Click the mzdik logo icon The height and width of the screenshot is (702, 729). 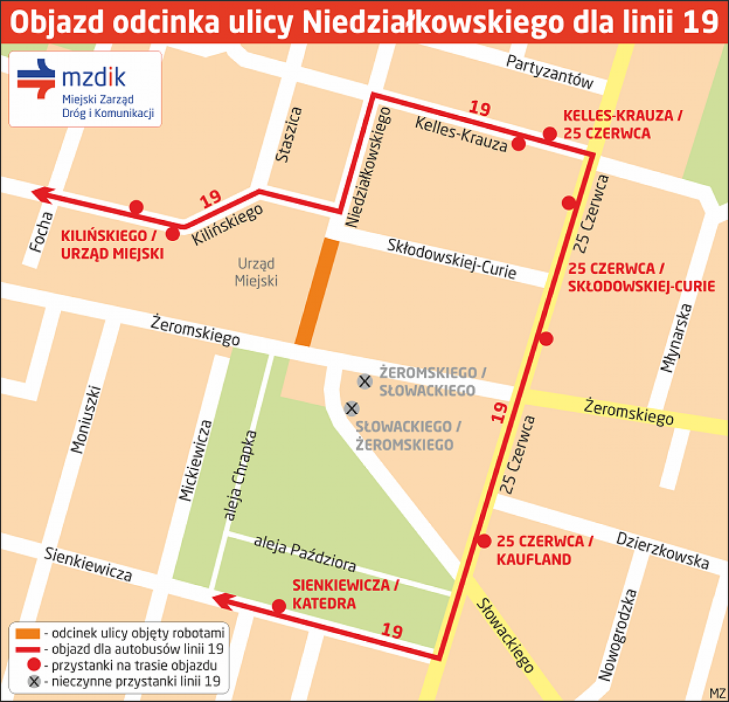click(x=36, y=79)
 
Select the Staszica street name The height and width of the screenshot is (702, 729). click(x=288, y=134)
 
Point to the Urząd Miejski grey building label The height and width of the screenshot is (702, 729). click(x=256, y=272)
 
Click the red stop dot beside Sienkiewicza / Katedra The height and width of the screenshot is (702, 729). click(x=279, y=606)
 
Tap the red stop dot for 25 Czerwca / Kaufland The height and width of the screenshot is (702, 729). click(x=484, y=541)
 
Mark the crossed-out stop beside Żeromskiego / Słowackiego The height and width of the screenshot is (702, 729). click(x=364, y=382)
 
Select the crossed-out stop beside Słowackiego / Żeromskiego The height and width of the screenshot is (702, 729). click(x=351, y=408)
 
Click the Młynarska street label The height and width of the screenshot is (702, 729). click(x=677, y=339)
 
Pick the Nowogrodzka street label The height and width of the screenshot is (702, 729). click(x=618, y=635)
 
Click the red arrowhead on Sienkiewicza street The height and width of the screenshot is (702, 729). click(x=221, y=600)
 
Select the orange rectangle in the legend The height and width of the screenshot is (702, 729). click(x=27, y=634)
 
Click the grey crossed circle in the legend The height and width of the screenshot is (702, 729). click(x=34, y=682)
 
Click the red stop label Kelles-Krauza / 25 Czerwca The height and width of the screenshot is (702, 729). click(x=622, y=124)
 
